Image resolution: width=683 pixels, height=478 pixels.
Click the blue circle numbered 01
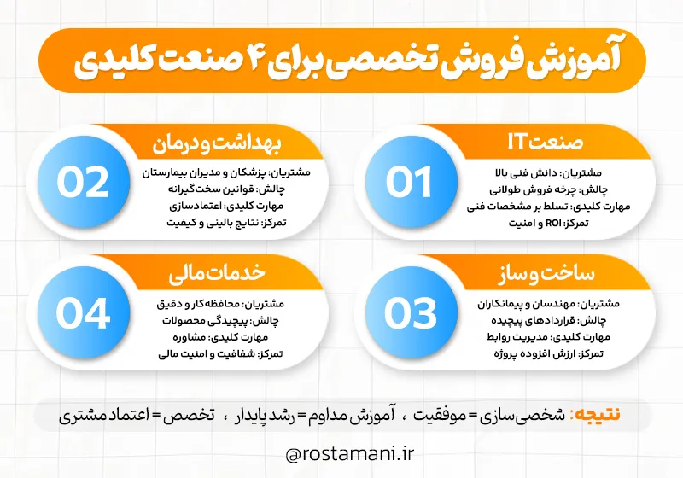[x=409, y=182]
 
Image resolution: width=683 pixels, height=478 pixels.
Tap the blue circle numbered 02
[x=84, y=182]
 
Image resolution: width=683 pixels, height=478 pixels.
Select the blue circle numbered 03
[x=409, y=312]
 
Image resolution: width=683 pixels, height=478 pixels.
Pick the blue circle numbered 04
[x=84, y=312]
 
